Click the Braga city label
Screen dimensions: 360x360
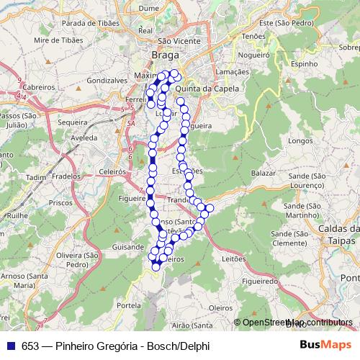tap(165, 55)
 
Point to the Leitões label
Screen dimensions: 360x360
tap(234, 257)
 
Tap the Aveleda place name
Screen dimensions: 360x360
tap(84, 136)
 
